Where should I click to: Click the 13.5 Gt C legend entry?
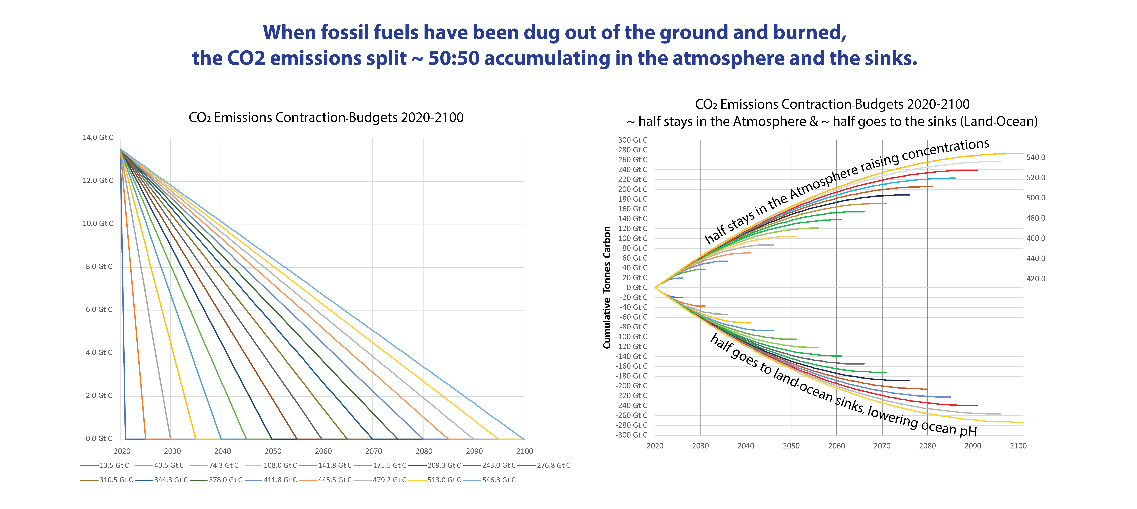[x=105, y=465]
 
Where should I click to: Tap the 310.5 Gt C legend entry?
[x=107, y=480]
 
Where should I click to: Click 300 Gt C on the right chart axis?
[x=632, y=140]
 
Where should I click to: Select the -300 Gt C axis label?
[x=631, y=435]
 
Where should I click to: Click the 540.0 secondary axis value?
[x=1035, y=157]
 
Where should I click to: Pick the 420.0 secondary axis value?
[x=1035, y=279]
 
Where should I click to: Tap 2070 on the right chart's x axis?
[x=882, y=446]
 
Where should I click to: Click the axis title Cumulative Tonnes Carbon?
[x=607, y=287]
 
